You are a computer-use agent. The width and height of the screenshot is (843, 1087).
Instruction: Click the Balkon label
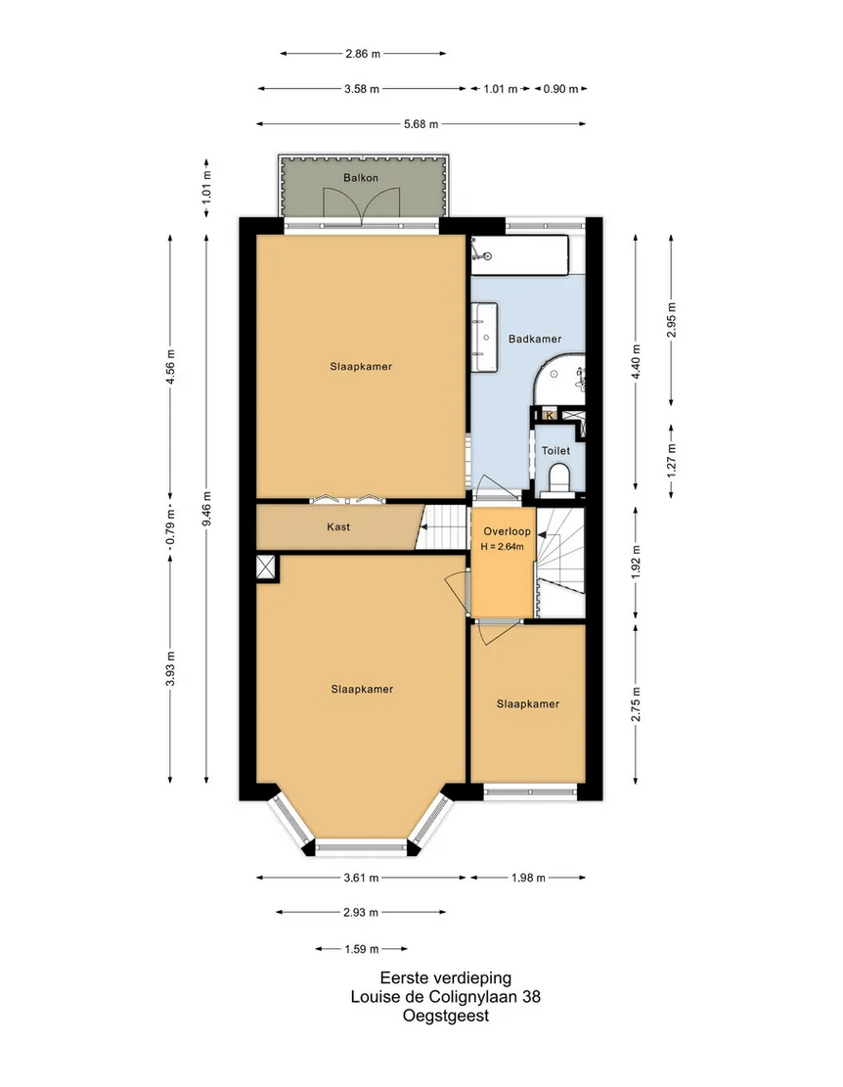[361, 178]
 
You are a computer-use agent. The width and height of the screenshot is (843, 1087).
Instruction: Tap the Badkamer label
[535, 339]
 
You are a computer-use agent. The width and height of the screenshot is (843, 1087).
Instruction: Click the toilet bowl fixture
[558, 479]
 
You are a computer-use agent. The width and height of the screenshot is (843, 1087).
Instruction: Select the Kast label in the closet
[338, 526]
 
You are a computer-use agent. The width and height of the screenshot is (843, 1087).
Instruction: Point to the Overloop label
[507, 531]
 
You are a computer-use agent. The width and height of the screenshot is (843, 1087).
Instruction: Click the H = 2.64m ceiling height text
[503, 547]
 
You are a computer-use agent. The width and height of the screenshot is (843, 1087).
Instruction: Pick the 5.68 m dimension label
[421, 124]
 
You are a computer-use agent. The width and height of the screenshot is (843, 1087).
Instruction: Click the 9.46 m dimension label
[206, 508]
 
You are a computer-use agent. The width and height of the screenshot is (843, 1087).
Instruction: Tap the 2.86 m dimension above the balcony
[363, 54]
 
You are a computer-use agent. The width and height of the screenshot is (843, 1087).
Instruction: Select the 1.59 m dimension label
[362, 949]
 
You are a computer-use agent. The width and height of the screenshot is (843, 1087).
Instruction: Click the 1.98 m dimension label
[528, 878]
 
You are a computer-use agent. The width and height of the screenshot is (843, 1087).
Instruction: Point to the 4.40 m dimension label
[636, 361]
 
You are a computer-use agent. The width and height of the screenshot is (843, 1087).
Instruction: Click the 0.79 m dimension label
[170, 526]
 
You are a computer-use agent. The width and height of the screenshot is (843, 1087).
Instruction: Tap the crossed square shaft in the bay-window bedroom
[266, 566]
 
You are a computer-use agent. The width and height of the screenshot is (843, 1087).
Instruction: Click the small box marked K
[550, 415]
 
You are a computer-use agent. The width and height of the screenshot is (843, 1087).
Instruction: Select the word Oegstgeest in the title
[445, 1016]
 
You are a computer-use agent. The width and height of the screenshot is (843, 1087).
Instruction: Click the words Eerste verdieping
[445, 978]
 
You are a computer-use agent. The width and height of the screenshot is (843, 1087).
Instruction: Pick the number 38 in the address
[531, 997]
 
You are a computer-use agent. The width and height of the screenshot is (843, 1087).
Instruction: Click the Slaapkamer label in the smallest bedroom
[528, 704]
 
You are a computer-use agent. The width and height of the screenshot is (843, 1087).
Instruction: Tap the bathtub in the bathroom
[520, 255]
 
